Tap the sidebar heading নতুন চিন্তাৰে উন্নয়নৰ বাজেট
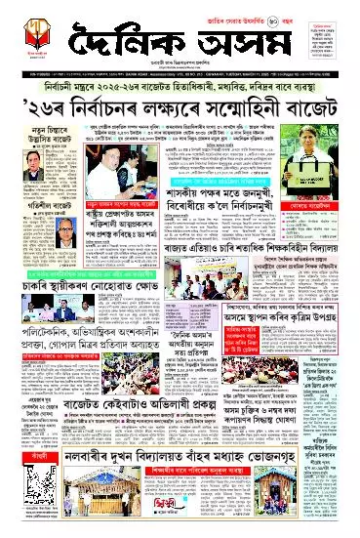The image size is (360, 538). pos(38,131)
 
